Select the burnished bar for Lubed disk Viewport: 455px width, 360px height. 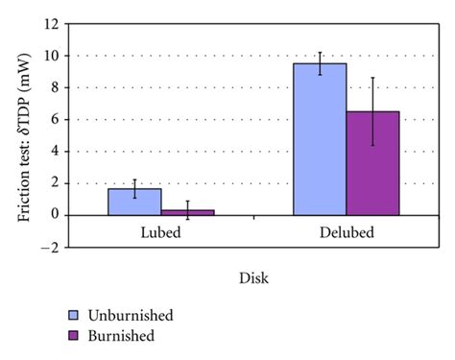[x=187, y=212]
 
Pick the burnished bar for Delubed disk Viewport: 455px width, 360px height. [x=372, y=163]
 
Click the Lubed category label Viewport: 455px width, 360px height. [x=160, y=234]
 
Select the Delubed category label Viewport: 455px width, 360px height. [x=347, y=234]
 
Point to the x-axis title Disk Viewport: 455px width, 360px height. [x=253, y=279]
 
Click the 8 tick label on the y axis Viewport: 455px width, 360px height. [x=60, y=87]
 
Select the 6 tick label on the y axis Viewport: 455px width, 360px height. [x=60, y=120]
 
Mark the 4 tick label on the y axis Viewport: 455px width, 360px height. [x=60, y=152]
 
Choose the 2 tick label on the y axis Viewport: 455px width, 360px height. [x=60, y=183]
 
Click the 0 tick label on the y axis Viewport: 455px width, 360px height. [x=60, y=215]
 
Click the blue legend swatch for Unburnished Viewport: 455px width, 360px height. [x=75, y=315]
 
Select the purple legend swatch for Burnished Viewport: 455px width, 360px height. [x=75, y=336]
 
